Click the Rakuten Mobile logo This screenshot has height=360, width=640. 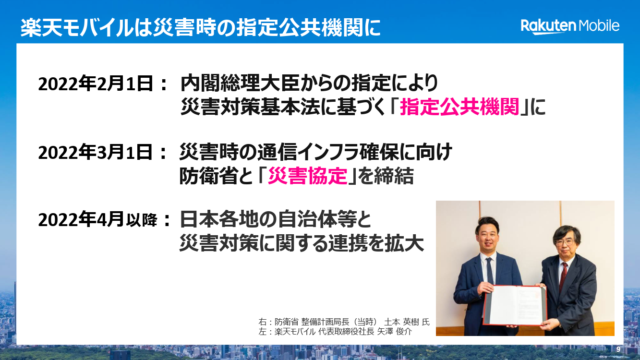click(x=570, y=26)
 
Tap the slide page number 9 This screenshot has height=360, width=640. click(x=618, y=349)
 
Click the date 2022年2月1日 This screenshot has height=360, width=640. click(x=96, y=84)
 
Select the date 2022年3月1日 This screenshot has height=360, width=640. click(x=96, y=152)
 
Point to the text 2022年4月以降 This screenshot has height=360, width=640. click(x=98, y=220)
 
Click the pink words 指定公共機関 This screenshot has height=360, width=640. click(x=459, y=107)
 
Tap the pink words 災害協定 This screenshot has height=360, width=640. click(x=308, y=176)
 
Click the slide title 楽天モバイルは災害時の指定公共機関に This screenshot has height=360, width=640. click(x=201, y=28)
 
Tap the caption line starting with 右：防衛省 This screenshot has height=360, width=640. click(x=344, y=322)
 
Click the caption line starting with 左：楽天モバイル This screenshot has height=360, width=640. click(x=335, y=331)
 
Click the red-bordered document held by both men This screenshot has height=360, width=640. click(x=515, y=305)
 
